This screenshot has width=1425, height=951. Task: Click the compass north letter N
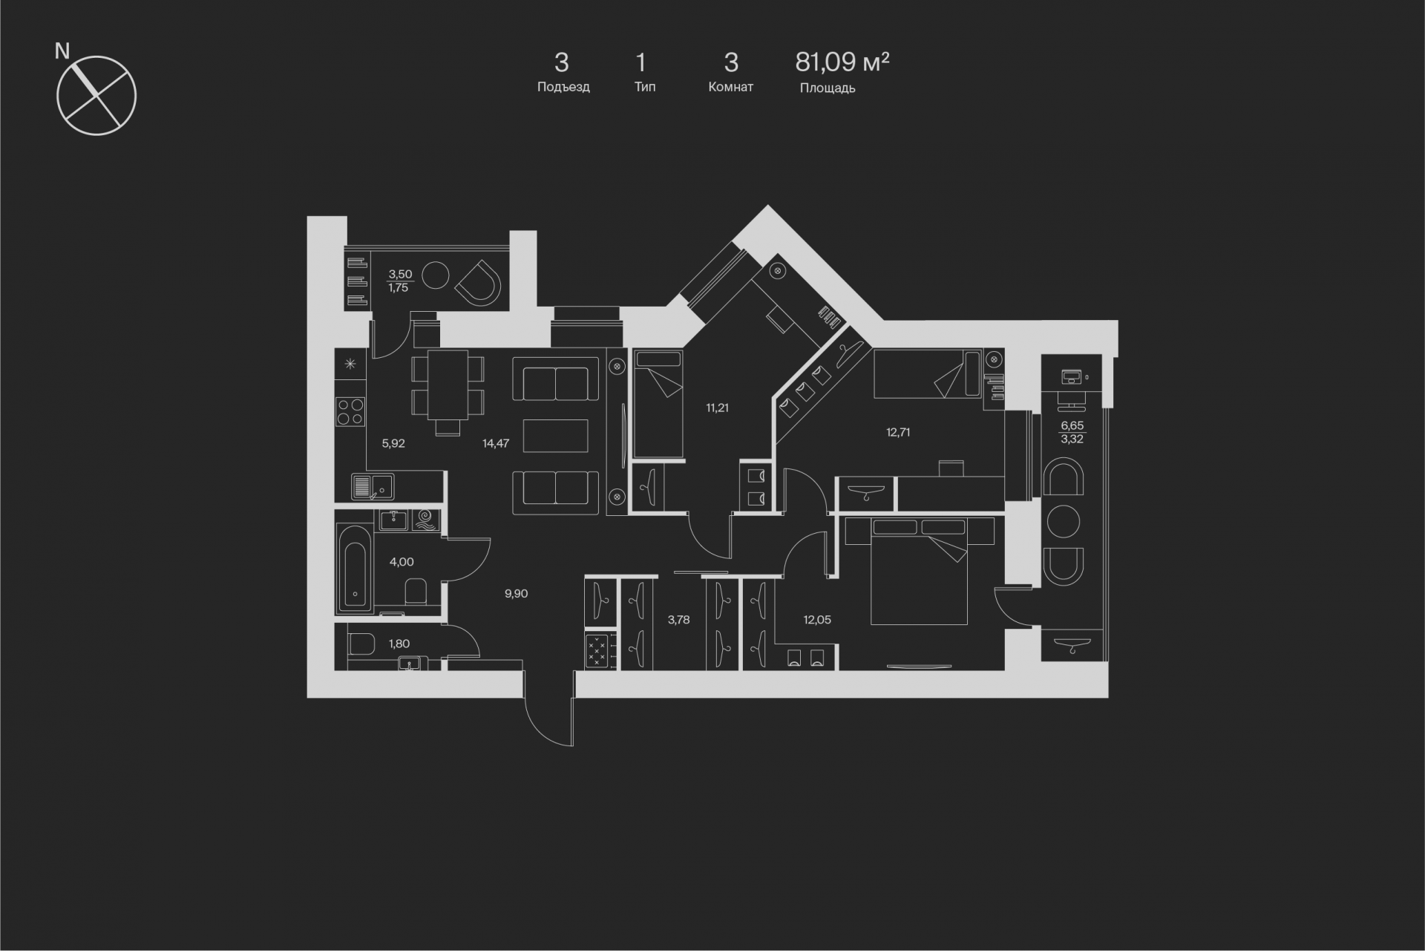[x=62, y=51]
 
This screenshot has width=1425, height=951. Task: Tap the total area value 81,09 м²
[x=842, y=62]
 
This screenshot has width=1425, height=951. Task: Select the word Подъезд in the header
[x=563, y=87]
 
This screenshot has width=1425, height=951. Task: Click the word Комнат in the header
[x=731, y=87]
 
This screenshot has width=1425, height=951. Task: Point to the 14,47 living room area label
[x=496, y=444]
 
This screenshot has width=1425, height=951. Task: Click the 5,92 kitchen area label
[x=393, y=444]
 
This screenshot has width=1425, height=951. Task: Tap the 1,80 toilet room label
[x=399, y=644]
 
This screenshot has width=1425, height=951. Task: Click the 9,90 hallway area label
[x=516, y=594]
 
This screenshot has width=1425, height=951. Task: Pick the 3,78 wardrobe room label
[x=678, y=620]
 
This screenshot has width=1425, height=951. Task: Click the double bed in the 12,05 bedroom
[x=919, y=572]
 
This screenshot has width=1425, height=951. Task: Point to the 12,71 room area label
[x=898, y=432]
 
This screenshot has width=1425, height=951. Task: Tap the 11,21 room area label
[x=717, y=408]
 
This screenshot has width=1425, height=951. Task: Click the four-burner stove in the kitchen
[x=350, y=412]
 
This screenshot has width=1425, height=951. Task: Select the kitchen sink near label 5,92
[x=373, y=487]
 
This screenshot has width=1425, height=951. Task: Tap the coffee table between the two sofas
[x=556, y=436]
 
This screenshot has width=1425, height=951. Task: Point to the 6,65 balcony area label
[x=1072, y=425]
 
